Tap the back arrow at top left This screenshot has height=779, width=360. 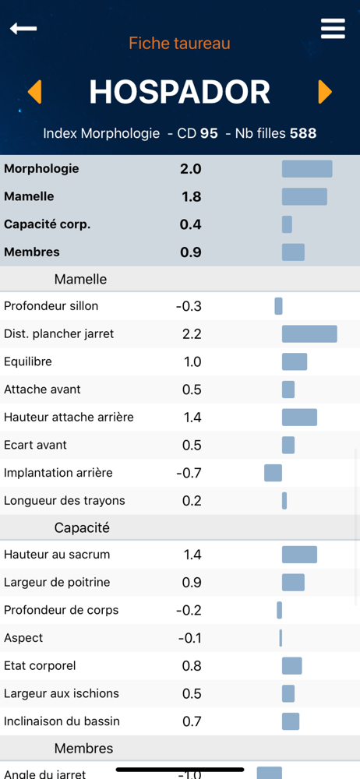(23, 28)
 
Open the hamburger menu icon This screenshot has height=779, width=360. (333, 28)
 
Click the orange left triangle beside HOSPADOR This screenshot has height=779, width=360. (34, 92)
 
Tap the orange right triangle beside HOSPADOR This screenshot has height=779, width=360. (325, 92)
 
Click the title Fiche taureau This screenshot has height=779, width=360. (179, 43)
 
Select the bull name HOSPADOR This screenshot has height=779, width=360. (179, 92)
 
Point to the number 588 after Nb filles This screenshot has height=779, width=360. (303, 133)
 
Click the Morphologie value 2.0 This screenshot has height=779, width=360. (190, 169)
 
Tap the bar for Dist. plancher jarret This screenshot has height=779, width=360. (309, 334)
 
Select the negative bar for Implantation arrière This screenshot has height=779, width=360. (273, 473)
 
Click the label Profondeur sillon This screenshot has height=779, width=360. (51, 306)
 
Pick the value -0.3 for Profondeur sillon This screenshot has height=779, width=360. (189, 306)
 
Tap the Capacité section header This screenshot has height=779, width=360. (82, 527)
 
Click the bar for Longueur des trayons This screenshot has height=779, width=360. (284, 501)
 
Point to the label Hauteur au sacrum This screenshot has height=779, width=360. (57, 555)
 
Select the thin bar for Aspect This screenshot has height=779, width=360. (281, 638)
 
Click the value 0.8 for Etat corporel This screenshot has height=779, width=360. (192, 666)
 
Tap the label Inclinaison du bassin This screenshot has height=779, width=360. (62, 721)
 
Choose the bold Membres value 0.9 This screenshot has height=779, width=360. (190, 252)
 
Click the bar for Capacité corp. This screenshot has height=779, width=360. (287, 224)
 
